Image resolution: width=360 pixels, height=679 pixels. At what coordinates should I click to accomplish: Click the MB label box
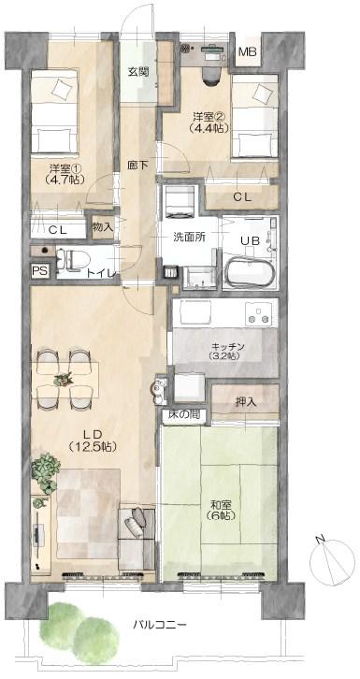pyautogui.click(x=248, y=52)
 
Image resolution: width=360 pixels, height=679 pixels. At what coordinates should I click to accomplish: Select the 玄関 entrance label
pyautogui.click(x=138, y=72)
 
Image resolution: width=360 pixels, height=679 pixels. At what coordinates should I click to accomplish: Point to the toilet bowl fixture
pyautogui.click(x=73, y=261)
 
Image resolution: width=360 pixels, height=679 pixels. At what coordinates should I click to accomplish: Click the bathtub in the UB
pyautogui.click(x=250, y=272)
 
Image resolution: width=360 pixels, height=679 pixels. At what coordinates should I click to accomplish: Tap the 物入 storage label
pyautogui.click(x=103, y=226)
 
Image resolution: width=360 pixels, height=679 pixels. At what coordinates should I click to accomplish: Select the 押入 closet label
pyautogui.click(x=246, y=401)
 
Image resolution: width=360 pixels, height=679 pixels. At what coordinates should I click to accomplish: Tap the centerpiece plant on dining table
pyautogui.click(x=64, y=379)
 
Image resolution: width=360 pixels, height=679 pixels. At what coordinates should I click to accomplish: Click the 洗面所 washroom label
pyautogui.click(x=187, y=237)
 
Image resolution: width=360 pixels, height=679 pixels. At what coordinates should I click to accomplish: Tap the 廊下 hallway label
pyautogui.click(x=137, y=165)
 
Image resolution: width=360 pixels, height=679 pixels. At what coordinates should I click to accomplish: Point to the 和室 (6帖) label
pyautogui.click(x=221, y=510)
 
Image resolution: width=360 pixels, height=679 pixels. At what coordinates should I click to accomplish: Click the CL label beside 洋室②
pyautogui.click(x=242, y=197)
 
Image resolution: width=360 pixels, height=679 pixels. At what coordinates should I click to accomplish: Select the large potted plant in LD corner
pyautogui.click(x=45, y=473)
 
